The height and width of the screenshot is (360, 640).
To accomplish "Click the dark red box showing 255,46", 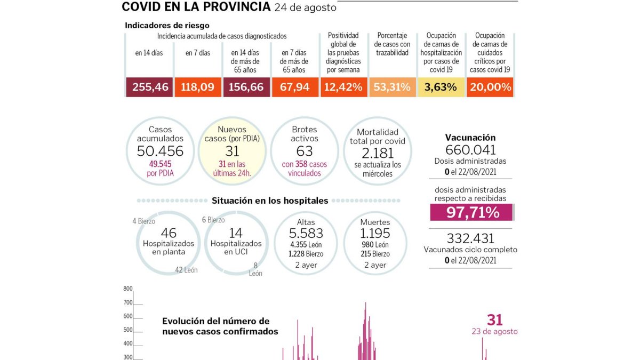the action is pyautogui.click(x=149, y=87).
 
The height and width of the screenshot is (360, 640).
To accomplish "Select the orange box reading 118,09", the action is pyautogui.click(x=198, y=87).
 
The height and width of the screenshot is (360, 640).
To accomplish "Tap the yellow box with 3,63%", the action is pyautogui.click(x=441, y=87).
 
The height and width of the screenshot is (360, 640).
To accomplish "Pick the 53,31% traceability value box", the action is pyautogui.click(x=393, y=87).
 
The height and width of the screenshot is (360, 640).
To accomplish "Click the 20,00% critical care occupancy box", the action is pyautogui.click(x=490, y=87).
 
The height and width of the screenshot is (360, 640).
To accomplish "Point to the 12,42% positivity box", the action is pyautogui.click(x=343, y=87).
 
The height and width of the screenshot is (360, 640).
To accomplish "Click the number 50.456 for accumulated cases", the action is pyautogui.click(x=160, y=151).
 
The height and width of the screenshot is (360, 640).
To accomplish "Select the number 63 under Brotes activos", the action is pyautogui.click(x=305, y=151).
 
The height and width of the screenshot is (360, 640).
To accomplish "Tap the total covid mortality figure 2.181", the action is pyautogui.click(x=378, y=153).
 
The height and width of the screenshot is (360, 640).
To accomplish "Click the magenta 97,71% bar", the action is pyautogui.click(x=471, y=212).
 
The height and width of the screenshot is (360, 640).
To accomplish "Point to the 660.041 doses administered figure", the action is pyautogui.click(x=470, y=150).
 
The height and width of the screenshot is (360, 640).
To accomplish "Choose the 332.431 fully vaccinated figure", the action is pyautogui.click(x=470, y=238).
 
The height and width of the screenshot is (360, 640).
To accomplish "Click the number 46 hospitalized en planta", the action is pyautogui.click(x=169, y=233).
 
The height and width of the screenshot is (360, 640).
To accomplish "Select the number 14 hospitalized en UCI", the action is pyautogui.click(x=236, y=233).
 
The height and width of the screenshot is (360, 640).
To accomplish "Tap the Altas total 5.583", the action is pyautogui.click(x=306, y=233).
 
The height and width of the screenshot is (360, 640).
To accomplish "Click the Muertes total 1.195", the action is pyautogui.click(x=375, y=233).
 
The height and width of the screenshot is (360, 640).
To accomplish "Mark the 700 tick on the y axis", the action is pyautogui.click(x=128, y=302).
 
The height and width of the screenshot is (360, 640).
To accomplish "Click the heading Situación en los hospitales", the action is pyautogui.click(x=270, y=201).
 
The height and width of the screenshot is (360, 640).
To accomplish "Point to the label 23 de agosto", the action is pyautogui.click(x=494, y=331).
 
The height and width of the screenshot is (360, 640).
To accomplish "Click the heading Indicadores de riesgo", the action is pyautogui.click(x=167, y=26).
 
